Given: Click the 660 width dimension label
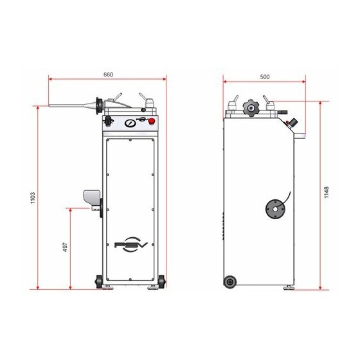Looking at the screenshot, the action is point(109,75).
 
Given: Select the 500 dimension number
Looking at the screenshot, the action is point(265,77).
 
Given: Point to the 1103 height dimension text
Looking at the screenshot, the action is point(33,198).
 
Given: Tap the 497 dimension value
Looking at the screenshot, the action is point(66,247).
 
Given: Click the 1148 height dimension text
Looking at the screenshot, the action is point(327,192).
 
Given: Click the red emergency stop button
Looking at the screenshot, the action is point(152,122).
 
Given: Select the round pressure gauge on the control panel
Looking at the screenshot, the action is point(130,123).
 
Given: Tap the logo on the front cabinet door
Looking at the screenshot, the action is point(131,244).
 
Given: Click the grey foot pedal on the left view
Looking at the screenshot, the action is point(92,198).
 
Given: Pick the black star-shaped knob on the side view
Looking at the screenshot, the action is point(251,107).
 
